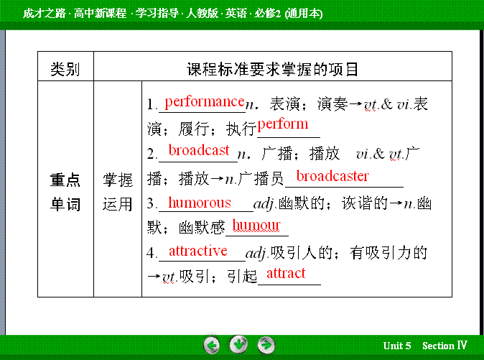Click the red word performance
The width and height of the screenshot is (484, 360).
205,102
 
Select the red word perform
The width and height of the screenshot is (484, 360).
283,125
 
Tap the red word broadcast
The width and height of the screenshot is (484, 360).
199,150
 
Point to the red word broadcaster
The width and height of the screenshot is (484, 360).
332,176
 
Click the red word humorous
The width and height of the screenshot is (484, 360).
200,203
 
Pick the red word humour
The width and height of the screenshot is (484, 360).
256,225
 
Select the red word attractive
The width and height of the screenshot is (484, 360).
198,251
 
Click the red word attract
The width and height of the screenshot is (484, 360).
286,273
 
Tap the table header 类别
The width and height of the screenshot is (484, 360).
65,69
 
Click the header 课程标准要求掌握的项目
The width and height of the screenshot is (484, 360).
273,69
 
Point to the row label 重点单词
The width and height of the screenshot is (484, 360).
65,192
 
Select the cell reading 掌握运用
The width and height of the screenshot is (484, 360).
118,192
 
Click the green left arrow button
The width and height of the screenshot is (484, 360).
211,345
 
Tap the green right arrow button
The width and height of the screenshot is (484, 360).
266,345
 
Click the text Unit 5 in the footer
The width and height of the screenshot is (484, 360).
397,346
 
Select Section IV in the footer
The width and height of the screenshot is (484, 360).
445,346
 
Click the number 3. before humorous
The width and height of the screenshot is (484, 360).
152,203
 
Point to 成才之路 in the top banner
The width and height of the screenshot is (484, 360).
44,13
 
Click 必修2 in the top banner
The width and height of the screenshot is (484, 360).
267,14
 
